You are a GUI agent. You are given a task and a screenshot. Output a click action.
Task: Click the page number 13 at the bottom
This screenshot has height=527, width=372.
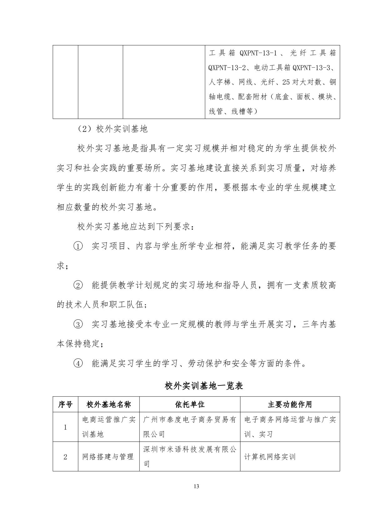[196, 486]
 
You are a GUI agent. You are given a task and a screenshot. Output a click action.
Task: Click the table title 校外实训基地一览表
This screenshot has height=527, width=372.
[204, 386]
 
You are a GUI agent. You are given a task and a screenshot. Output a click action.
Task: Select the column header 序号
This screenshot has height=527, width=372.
[65, 405]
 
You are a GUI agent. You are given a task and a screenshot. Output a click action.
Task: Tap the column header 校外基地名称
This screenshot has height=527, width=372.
[108, 405]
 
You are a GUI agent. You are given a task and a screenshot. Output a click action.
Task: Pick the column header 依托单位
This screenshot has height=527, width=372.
[190, 405]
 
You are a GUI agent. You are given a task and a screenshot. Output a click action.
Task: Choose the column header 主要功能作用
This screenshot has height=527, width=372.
[290, 405]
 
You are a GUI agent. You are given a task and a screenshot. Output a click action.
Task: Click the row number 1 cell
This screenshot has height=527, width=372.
[65, 427]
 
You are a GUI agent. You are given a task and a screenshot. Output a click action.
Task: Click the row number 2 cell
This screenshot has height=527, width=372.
[65, 457]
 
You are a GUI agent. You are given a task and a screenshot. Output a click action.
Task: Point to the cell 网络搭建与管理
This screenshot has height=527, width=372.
[108, 457]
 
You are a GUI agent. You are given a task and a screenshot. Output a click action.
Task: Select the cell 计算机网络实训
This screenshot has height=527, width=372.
[269, 457]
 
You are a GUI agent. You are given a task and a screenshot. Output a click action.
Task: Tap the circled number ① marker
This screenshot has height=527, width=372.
[78, 246]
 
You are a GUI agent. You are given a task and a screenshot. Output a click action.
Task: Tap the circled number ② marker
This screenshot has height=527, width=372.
[78, 285]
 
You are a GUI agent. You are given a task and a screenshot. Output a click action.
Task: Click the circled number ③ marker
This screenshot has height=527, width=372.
[78, 324]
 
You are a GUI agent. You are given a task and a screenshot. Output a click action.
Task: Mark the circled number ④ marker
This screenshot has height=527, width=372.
[78, 364]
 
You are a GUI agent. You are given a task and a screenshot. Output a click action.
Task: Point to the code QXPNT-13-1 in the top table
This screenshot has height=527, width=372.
[258, 53]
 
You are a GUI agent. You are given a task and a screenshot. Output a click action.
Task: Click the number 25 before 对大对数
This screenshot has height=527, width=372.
[286, 82]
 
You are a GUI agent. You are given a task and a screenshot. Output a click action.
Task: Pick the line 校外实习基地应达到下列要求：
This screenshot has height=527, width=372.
[135, 227]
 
